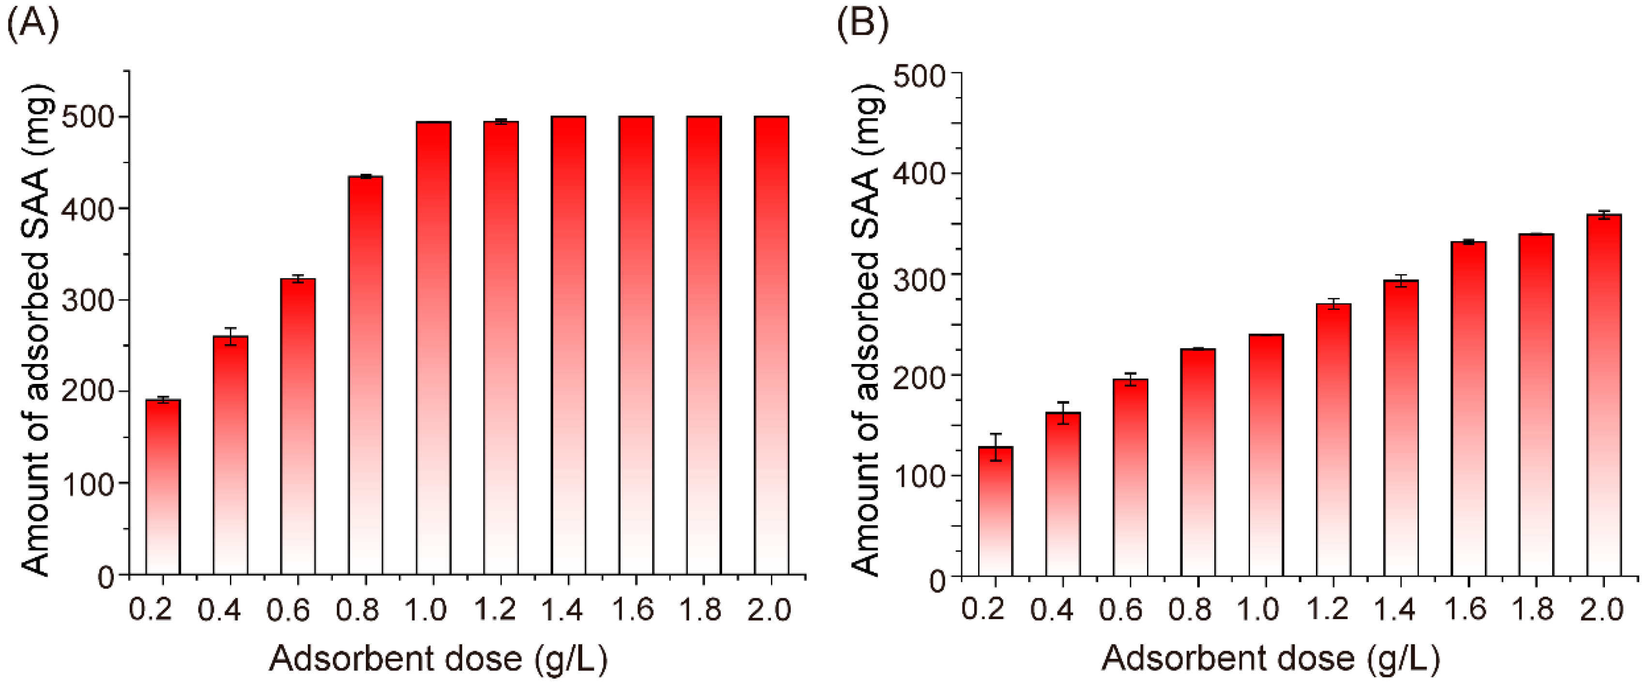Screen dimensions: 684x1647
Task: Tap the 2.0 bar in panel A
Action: [771, 345]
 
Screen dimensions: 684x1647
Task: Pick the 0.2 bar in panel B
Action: [996, 511]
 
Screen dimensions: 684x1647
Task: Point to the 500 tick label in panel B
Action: [919, 76]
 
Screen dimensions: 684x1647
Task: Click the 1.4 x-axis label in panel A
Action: [563, 609]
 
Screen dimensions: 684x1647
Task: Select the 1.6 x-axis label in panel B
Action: [1465, 609]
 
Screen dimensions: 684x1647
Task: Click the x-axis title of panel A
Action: [438, 659]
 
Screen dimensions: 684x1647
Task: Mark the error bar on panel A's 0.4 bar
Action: [230, 336]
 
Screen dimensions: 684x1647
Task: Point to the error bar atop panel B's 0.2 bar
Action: [996, 447]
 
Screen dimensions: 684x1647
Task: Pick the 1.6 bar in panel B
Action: [1468, 409]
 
